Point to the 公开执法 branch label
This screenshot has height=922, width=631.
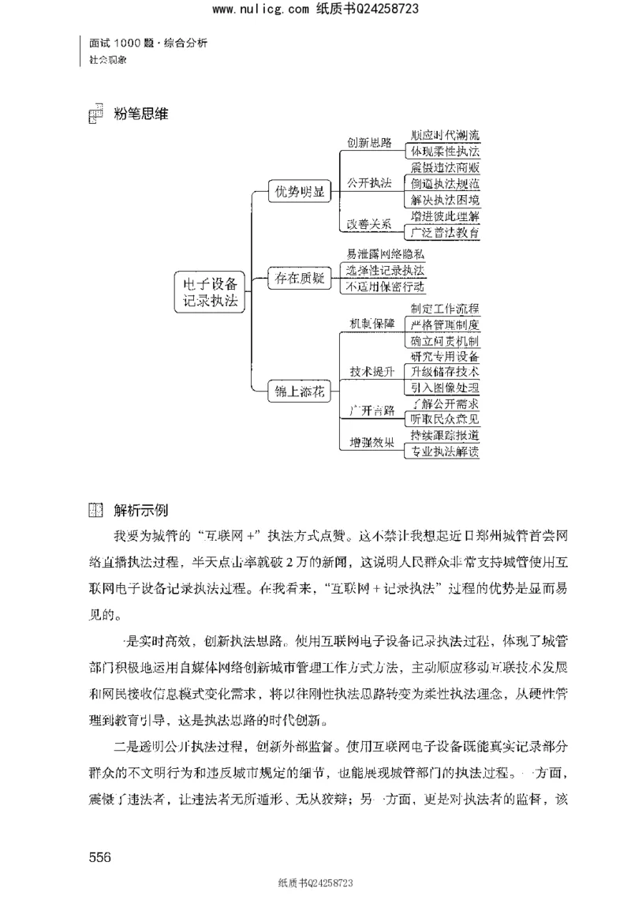[369, 184]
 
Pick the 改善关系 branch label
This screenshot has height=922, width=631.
[369, 224]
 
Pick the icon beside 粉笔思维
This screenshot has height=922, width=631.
[94, 114]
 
